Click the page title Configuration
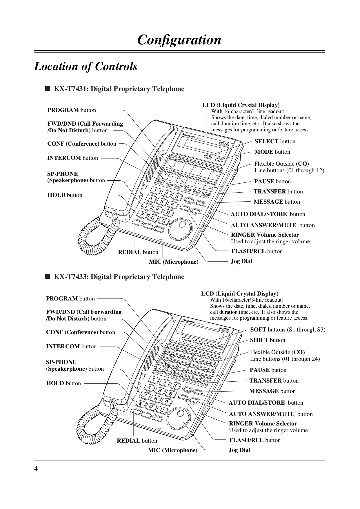[x=179, y=40]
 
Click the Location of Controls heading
[x=86, y=66]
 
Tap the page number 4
[x=36, y=469]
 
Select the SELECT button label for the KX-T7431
[x=275, y=142]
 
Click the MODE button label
[x=272, y=152]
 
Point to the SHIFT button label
[x=267, y=340]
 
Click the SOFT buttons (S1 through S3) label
[x=288, y=330]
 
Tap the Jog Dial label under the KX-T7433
[x=239, y=450]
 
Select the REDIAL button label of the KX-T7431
[x=138, y=252]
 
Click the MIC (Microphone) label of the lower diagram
[x=172, y=450]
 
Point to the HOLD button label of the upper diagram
[x=65, y=195]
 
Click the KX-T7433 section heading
[x=119, y=277]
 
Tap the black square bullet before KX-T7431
[x=47, y=89]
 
